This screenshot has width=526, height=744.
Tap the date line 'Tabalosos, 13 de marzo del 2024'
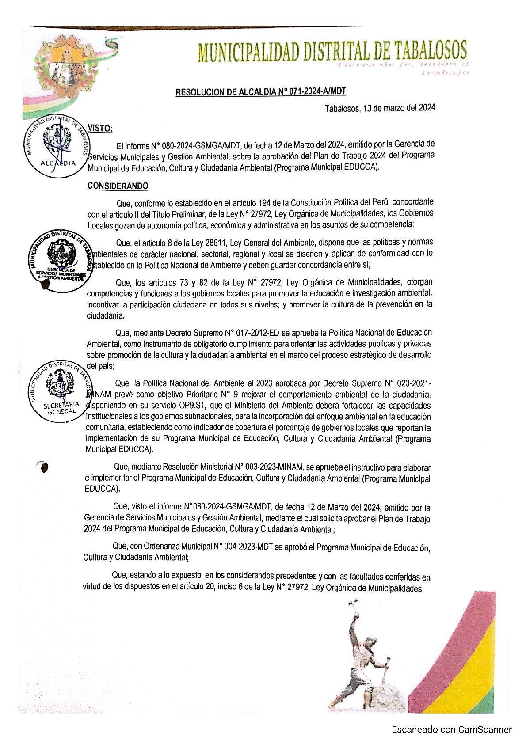(380, 108)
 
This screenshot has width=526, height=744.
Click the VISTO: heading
(100, 128)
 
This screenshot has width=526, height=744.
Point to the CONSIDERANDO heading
(118, 186)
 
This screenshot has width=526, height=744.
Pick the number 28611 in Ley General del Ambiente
(216, 243)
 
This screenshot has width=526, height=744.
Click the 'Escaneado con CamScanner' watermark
(451, 729)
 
